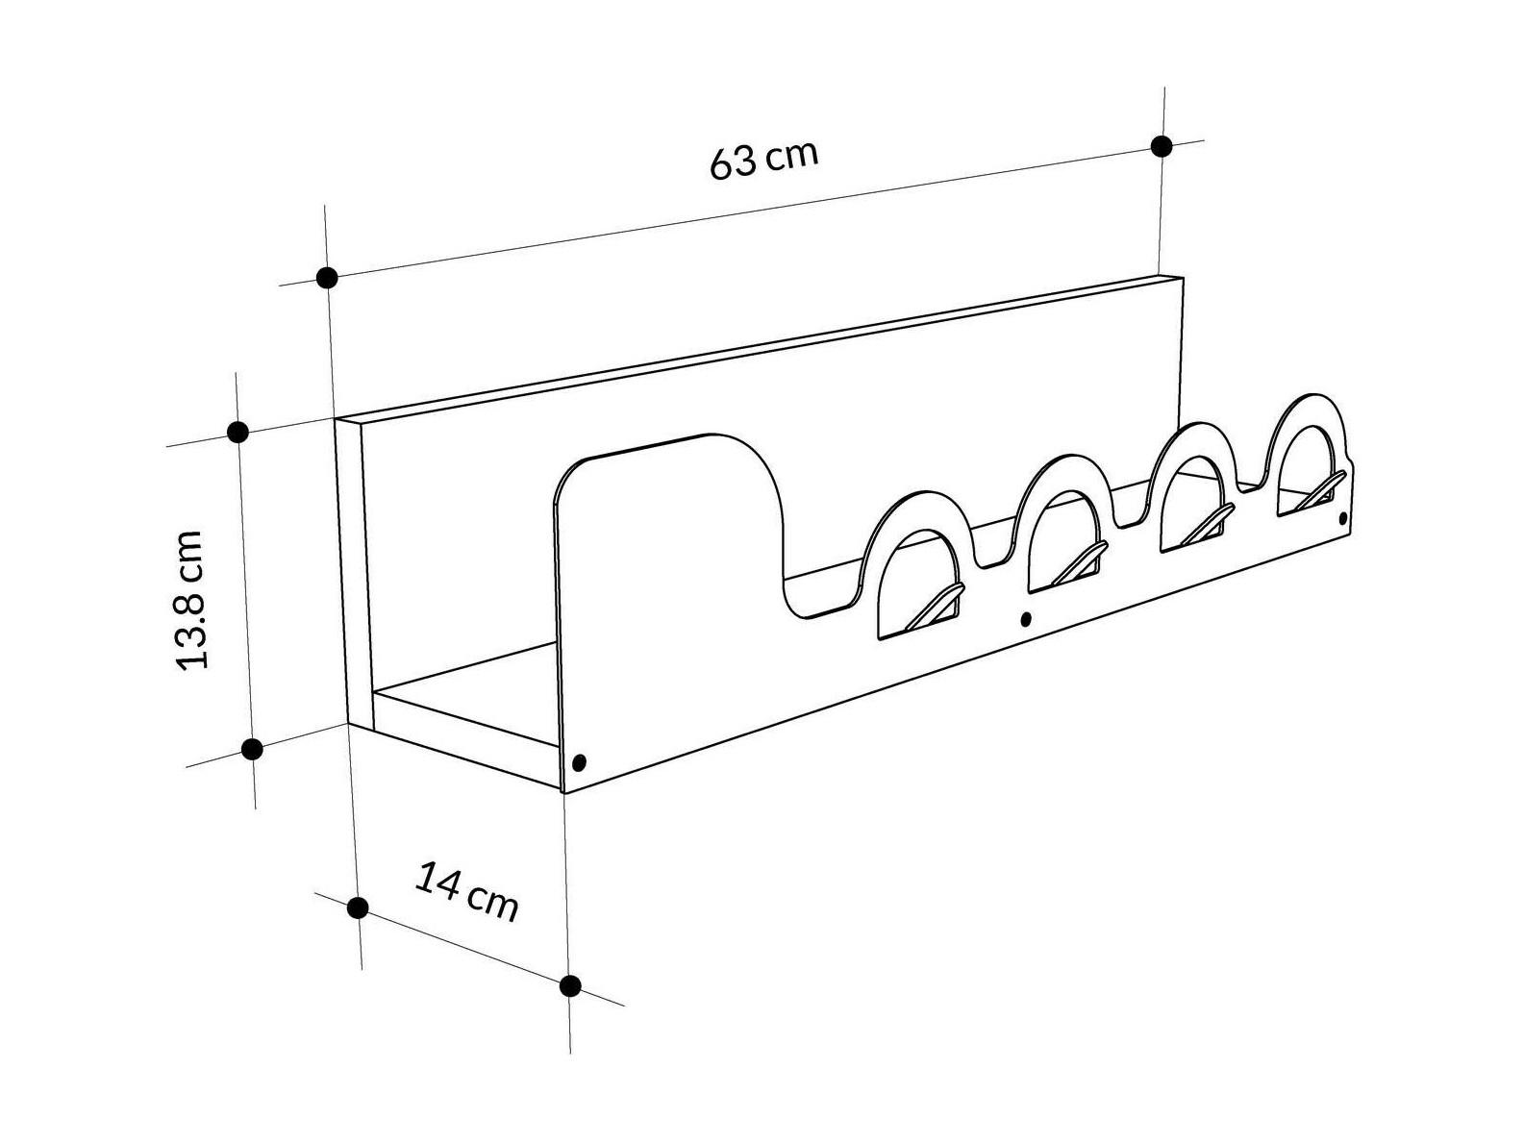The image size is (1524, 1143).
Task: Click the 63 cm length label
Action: [x=763, y=161]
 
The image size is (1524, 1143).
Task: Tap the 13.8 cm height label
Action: [x=189, y=600]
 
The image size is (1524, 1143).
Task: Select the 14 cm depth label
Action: [x=466, y=892]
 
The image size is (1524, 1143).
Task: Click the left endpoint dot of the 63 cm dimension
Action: [x=326, y=278]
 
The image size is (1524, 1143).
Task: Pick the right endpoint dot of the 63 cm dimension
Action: [x=1162, y=146]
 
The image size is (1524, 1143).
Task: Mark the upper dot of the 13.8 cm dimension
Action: [x=238, y=432]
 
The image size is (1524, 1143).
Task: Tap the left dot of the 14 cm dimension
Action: [x=358, y=907]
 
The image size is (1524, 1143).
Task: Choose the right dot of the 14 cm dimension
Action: [x=570, y=985]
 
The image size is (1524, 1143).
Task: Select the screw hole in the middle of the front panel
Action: [x=1026, y=618]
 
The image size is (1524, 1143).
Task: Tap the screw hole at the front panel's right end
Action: [x=1343, y=518]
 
